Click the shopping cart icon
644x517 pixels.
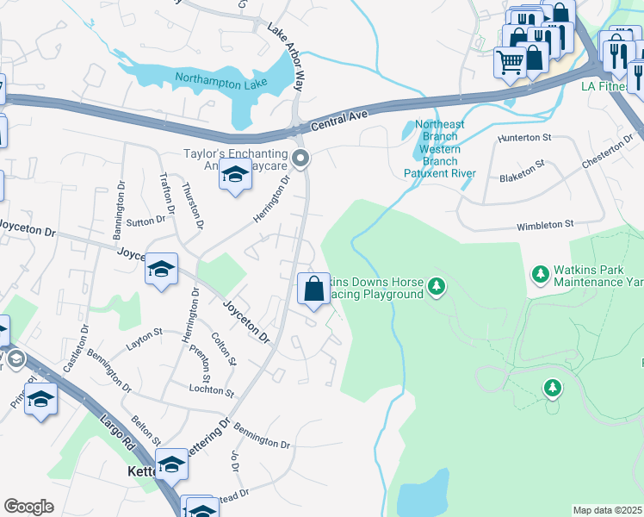point(509,62)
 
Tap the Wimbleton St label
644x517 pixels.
point(545,226)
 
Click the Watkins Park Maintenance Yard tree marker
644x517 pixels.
point(541,274)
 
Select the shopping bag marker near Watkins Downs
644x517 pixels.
point(313,289)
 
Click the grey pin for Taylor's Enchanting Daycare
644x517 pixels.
point(300,158)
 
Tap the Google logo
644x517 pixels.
point(28,507)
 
